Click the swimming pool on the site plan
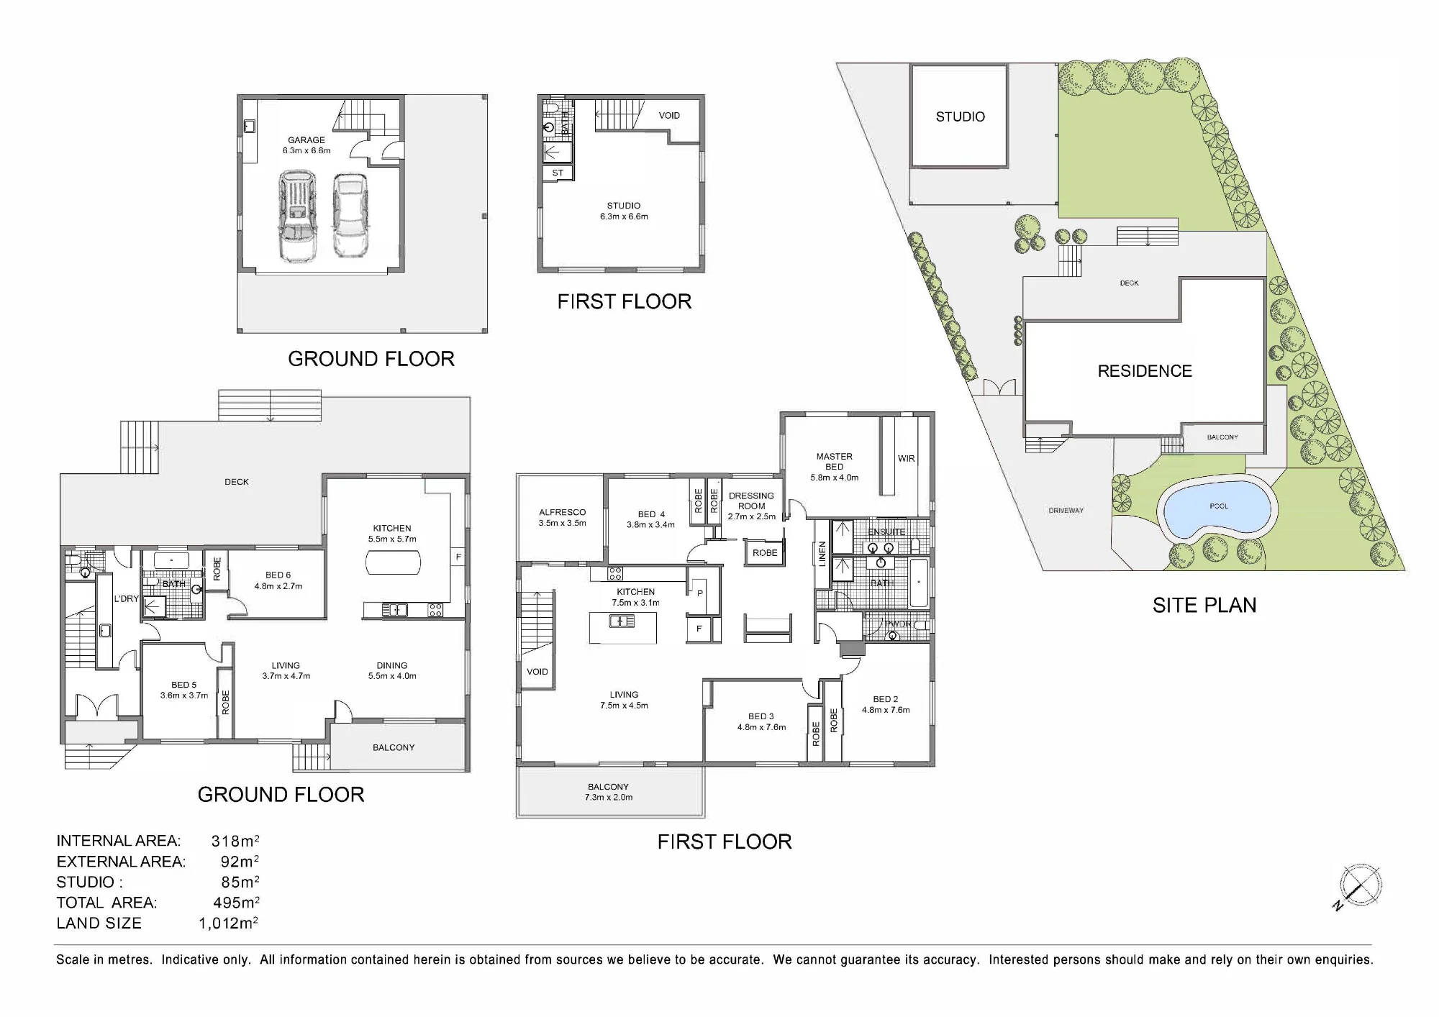click(1217, 508)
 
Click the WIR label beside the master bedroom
click(906, 458)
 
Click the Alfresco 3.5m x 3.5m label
click(562, 518)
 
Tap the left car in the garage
click(297, 215)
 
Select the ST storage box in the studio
click(558, 173)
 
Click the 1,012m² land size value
click(228, 923)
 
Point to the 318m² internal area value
click(235, 841)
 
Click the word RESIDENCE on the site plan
click(1145, 371)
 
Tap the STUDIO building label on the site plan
click(960, 117)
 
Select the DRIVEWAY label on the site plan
click(1066, 511)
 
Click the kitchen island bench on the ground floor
click(393, 562)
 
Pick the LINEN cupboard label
click(822, 554)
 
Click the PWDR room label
click(898, 624)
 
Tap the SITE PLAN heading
click(1204, 606)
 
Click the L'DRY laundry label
click(126, 598)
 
